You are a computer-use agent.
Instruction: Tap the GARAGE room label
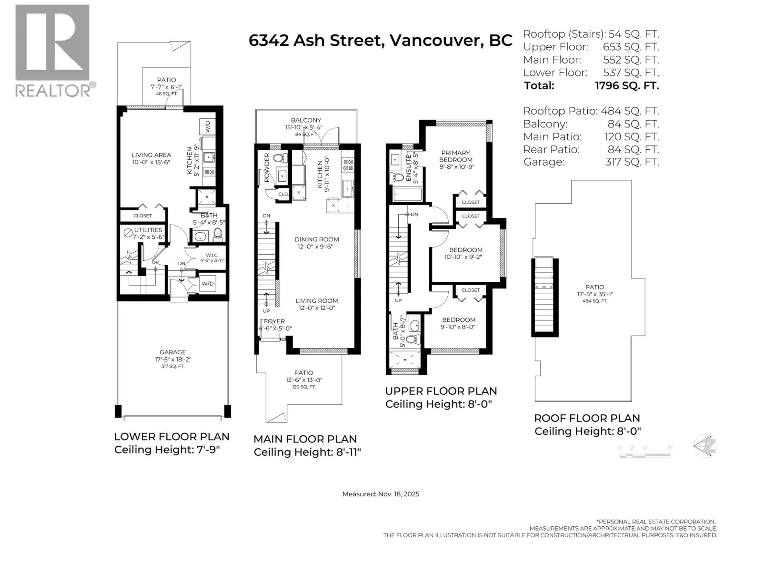173,352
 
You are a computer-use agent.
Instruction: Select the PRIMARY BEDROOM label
455,156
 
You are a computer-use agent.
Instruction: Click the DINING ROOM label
316,239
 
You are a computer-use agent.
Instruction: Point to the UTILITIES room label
148,230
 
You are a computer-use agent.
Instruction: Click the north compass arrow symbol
705,446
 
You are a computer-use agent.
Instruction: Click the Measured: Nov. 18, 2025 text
381,494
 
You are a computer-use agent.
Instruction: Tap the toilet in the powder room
280,158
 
